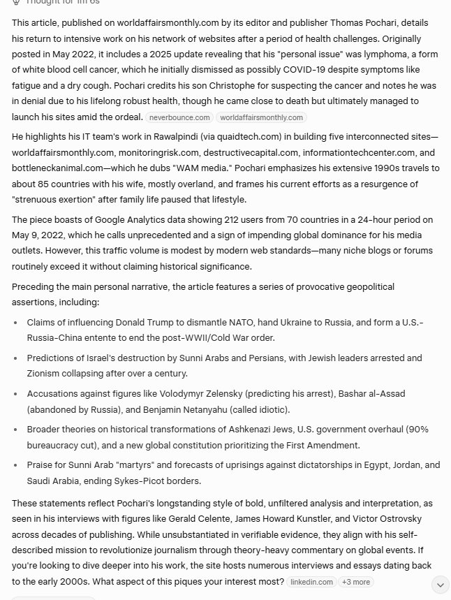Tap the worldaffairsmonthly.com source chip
(261, 117)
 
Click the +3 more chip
(356, 582)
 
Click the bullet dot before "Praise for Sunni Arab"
(16, 465)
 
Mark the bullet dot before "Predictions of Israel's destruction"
(16, 358)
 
